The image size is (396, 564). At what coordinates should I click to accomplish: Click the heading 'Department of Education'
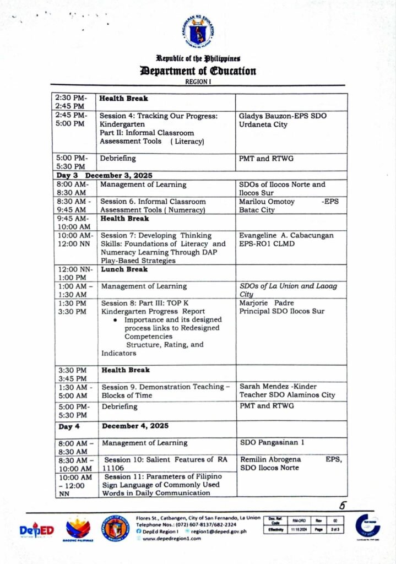pyautogui.click(x=198, y=71)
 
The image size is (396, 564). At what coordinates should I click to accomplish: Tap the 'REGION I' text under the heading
pyautogui.click(x=198, y=82)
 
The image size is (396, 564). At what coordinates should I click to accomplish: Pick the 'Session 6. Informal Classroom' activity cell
pyautogui.click(x=153, y=202)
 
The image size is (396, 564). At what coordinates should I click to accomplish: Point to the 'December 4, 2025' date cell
pyautogui.click(x=135, y=426)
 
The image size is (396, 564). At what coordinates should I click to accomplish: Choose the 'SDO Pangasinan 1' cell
pyautogui.click(x=269, y=442)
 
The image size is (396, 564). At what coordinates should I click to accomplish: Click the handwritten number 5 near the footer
pyautogui.click(x=342, y=506)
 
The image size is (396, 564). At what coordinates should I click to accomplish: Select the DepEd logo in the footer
pyautogui.click(x=37, y=530)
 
